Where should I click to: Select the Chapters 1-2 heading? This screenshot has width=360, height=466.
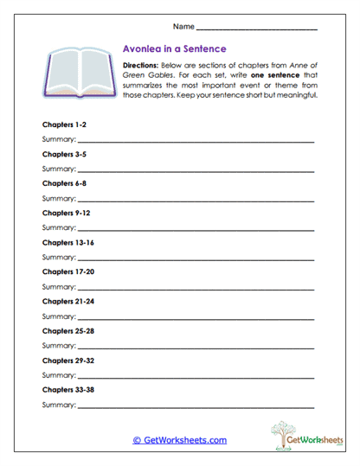[x=63, y=124]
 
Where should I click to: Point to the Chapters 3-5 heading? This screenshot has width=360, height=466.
[x=63, y=154]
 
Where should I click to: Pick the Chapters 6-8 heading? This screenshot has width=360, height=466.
[x=63, y=183]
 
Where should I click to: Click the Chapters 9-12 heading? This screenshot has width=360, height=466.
[x=66, y=213]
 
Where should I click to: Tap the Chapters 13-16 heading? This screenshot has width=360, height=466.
[x=67, y=242]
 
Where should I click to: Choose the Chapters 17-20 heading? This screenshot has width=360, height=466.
[x=67, y=271]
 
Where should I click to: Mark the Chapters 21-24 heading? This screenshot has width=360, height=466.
[x=67, y=301]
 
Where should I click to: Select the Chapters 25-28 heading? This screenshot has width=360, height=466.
[x=67, y=330]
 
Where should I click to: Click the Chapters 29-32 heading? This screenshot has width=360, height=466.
[x=67, y=360]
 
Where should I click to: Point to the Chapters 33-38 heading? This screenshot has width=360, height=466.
[x=67, y=389]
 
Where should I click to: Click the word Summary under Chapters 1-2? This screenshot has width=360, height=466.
[x=58, y=139]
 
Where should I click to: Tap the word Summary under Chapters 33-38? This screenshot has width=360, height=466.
[x=58, y=404]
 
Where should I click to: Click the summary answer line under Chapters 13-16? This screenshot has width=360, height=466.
[x=195, y=259]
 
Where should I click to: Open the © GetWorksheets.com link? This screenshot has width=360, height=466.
[x=179, y=440]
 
